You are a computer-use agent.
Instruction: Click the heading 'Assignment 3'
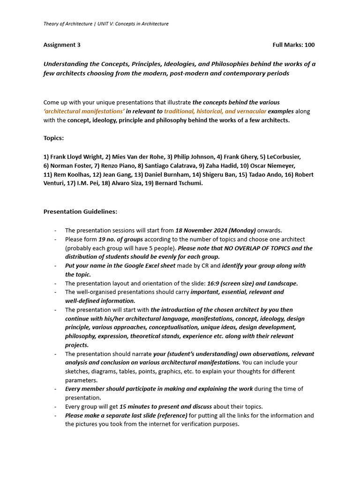point(62,45)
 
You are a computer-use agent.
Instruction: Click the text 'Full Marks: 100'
point(293,45)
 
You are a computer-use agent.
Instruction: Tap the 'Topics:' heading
point(54,138)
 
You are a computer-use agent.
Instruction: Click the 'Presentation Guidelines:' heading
point(80,211)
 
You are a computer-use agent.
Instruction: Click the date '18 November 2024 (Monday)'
point(215,231)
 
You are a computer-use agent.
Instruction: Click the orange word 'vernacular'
point(251,111)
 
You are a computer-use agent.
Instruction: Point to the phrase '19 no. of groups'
point(120,239)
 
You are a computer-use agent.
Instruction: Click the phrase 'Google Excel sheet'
point(144,266)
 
